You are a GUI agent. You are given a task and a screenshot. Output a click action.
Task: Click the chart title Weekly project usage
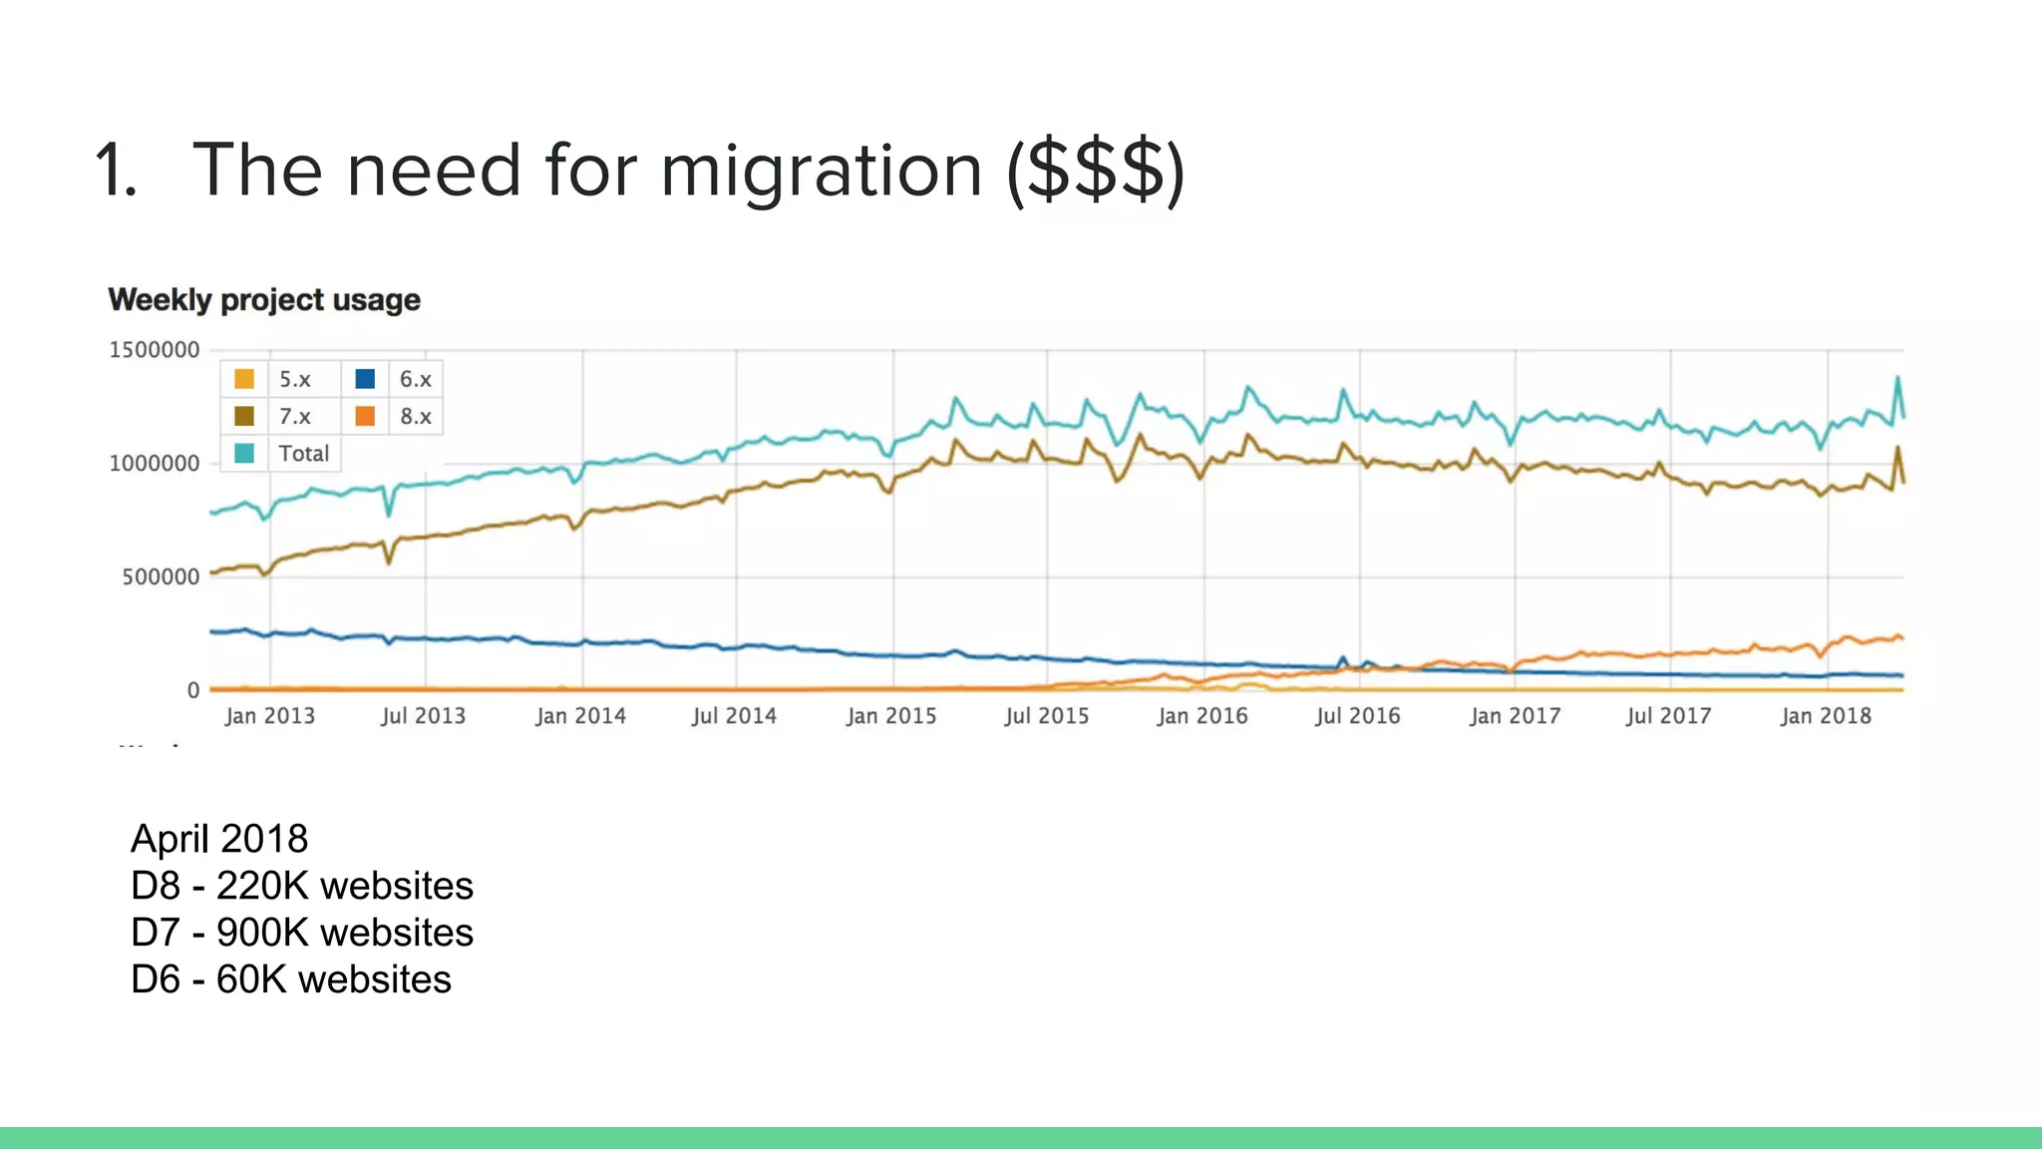263,300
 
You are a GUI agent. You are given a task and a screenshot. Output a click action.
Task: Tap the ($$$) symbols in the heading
1096,172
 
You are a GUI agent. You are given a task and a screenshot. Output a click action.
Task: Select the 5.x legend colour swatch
244,379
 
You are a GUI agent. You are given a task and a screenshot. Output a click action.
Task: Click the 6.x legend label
415,379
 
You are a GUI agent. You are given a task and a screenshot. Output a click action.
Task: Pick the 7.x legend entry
294,416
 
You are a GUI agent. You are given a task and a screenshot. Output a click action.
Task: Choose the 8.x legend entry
415,416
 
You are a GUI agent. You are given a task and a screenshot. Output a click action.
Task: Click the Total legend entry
303,454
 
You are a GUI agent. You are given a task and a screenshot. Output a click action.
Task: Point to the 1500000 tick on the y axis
154,350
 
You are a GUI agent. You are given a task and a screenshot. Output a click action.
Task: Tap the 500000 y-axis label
161,577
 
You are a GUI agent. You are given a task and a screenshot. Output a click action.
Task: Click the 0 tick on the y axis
193,690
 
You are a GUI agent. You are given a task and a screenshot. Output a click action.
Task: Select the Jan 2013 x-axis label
269,716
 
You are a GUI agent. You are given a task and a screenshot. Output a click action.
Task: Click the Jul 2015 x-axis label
1046,716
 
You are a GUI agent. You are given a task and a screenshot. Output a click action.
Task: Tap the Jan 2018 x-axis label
1826,716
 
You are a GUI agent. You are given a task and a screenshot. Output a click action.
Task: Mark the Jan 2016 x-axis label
1201,716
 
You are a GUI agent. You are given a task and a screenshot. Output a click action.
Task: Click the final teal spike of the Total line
1897,378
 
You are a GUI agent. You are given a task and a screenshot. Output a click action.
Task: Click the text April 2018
219,839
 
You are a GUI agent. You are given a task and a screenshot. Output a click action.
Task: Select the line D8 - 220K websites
302,886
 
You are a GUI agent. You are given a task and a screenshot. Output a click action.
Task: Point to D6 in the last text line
156,979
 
